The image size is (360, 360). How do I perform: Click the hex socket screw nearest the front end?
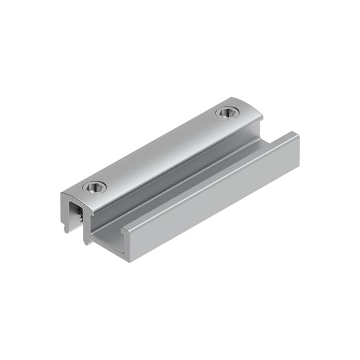coord(95,187)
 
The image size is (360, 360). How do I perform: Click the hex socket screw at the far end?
coord(227,112)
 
